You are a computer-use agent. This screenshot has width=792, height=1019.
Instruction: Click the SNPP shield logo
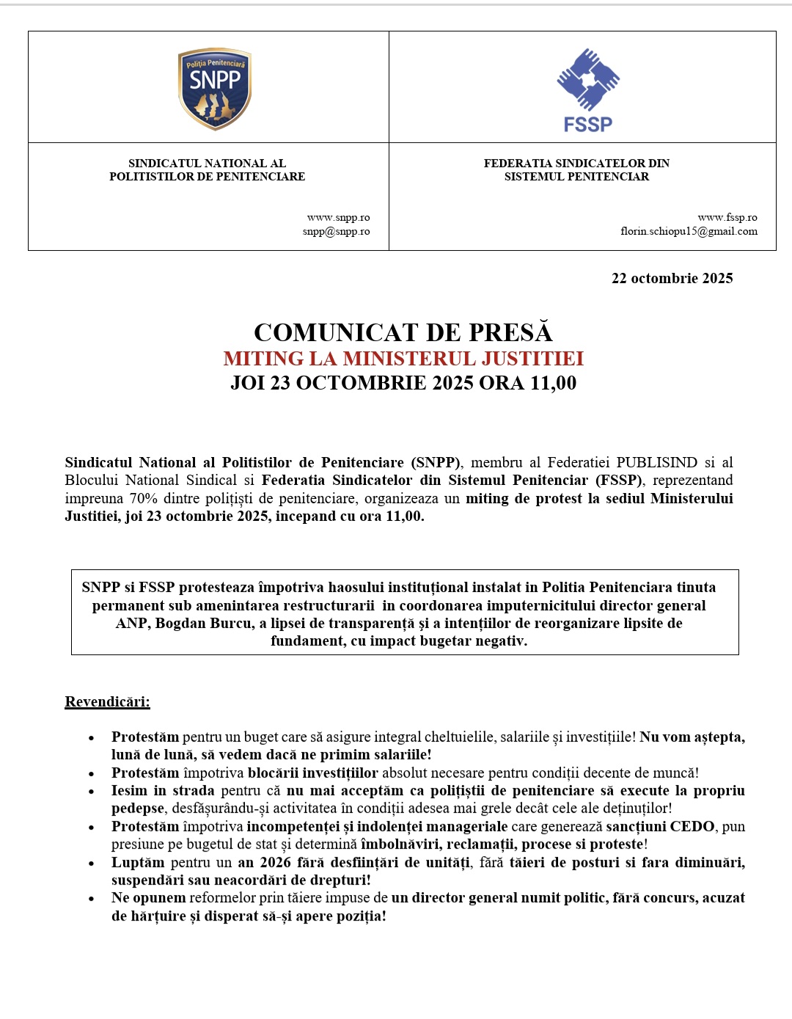coord(215,89)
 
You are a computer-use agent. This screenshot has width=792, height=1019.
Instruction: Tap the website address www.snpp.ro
coord(338,217)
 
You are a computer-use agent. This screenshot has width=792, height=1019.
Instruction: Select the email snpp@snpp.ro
coord(336,231)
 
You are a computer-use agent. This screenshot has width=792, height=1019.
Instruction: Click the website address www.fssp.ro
coord(727,217)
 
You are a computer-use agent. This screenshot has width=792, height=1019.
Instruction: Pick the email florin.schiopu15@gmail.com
coord(689,231)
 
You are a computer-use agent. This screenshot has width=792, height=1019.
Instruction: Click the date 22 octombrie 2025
coord(672,278)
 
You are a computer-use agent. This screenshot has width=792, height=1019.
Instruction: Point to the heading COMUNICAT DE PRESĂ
coord(403,332)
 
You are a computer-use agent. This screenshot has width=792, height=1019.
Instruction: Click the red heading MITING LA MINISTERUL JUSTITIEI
coord(403,359)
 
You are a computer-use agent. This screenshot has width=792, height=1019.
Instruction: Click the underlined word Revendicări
coord(107,702)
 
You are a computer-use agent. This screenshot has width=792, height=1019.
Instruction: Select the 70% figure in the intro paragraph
coord(144,498)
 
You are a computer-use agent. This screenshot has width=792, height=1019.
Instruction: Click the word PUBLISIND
coord(656,462)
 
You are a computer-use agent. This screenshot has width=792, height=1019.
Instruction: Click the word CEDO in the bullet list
coord(692,826)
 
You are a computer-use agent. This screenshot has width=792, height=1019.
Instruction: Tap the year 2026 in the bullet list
coord(276,862)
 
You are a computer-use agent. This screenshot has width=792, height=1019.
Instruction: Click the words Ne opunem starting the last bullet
coord(148,897)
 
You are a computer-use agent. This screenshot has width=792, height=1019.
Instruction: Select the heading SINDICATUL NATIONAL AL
coord(207,163)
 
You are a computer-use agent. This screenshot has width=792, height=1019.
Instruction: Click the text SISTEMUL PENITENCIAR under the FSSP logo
coord(576,176)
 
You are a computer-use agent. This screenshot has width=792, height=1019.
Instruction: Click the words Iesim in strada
coord(163,790)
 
